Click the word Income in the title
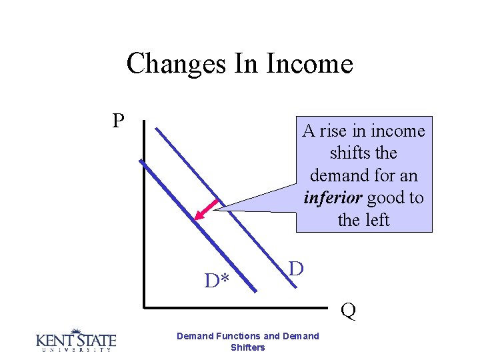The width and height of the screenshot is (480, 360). click(309, 64)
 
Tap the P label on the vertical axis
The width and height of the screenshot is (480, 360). click(118, 121)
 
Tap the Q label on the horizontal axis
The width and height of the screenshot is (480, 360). click(348, 311)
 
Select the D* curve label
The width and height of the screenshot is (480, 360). click(217, 281)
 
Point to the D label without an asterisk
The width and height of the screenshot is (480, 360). click(296, 269)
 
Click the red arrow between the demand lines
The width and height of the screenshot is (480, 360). click(207, 209)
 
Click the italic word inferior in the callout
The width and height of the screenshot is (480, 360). click(332, 198)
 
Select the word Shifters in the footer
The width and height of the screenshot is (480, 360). click(247, 347)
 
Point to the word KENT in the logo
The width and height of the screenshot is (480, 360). click(54, 341)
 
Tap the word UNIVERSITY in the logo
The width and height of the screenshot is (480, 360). click(75, 349)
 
